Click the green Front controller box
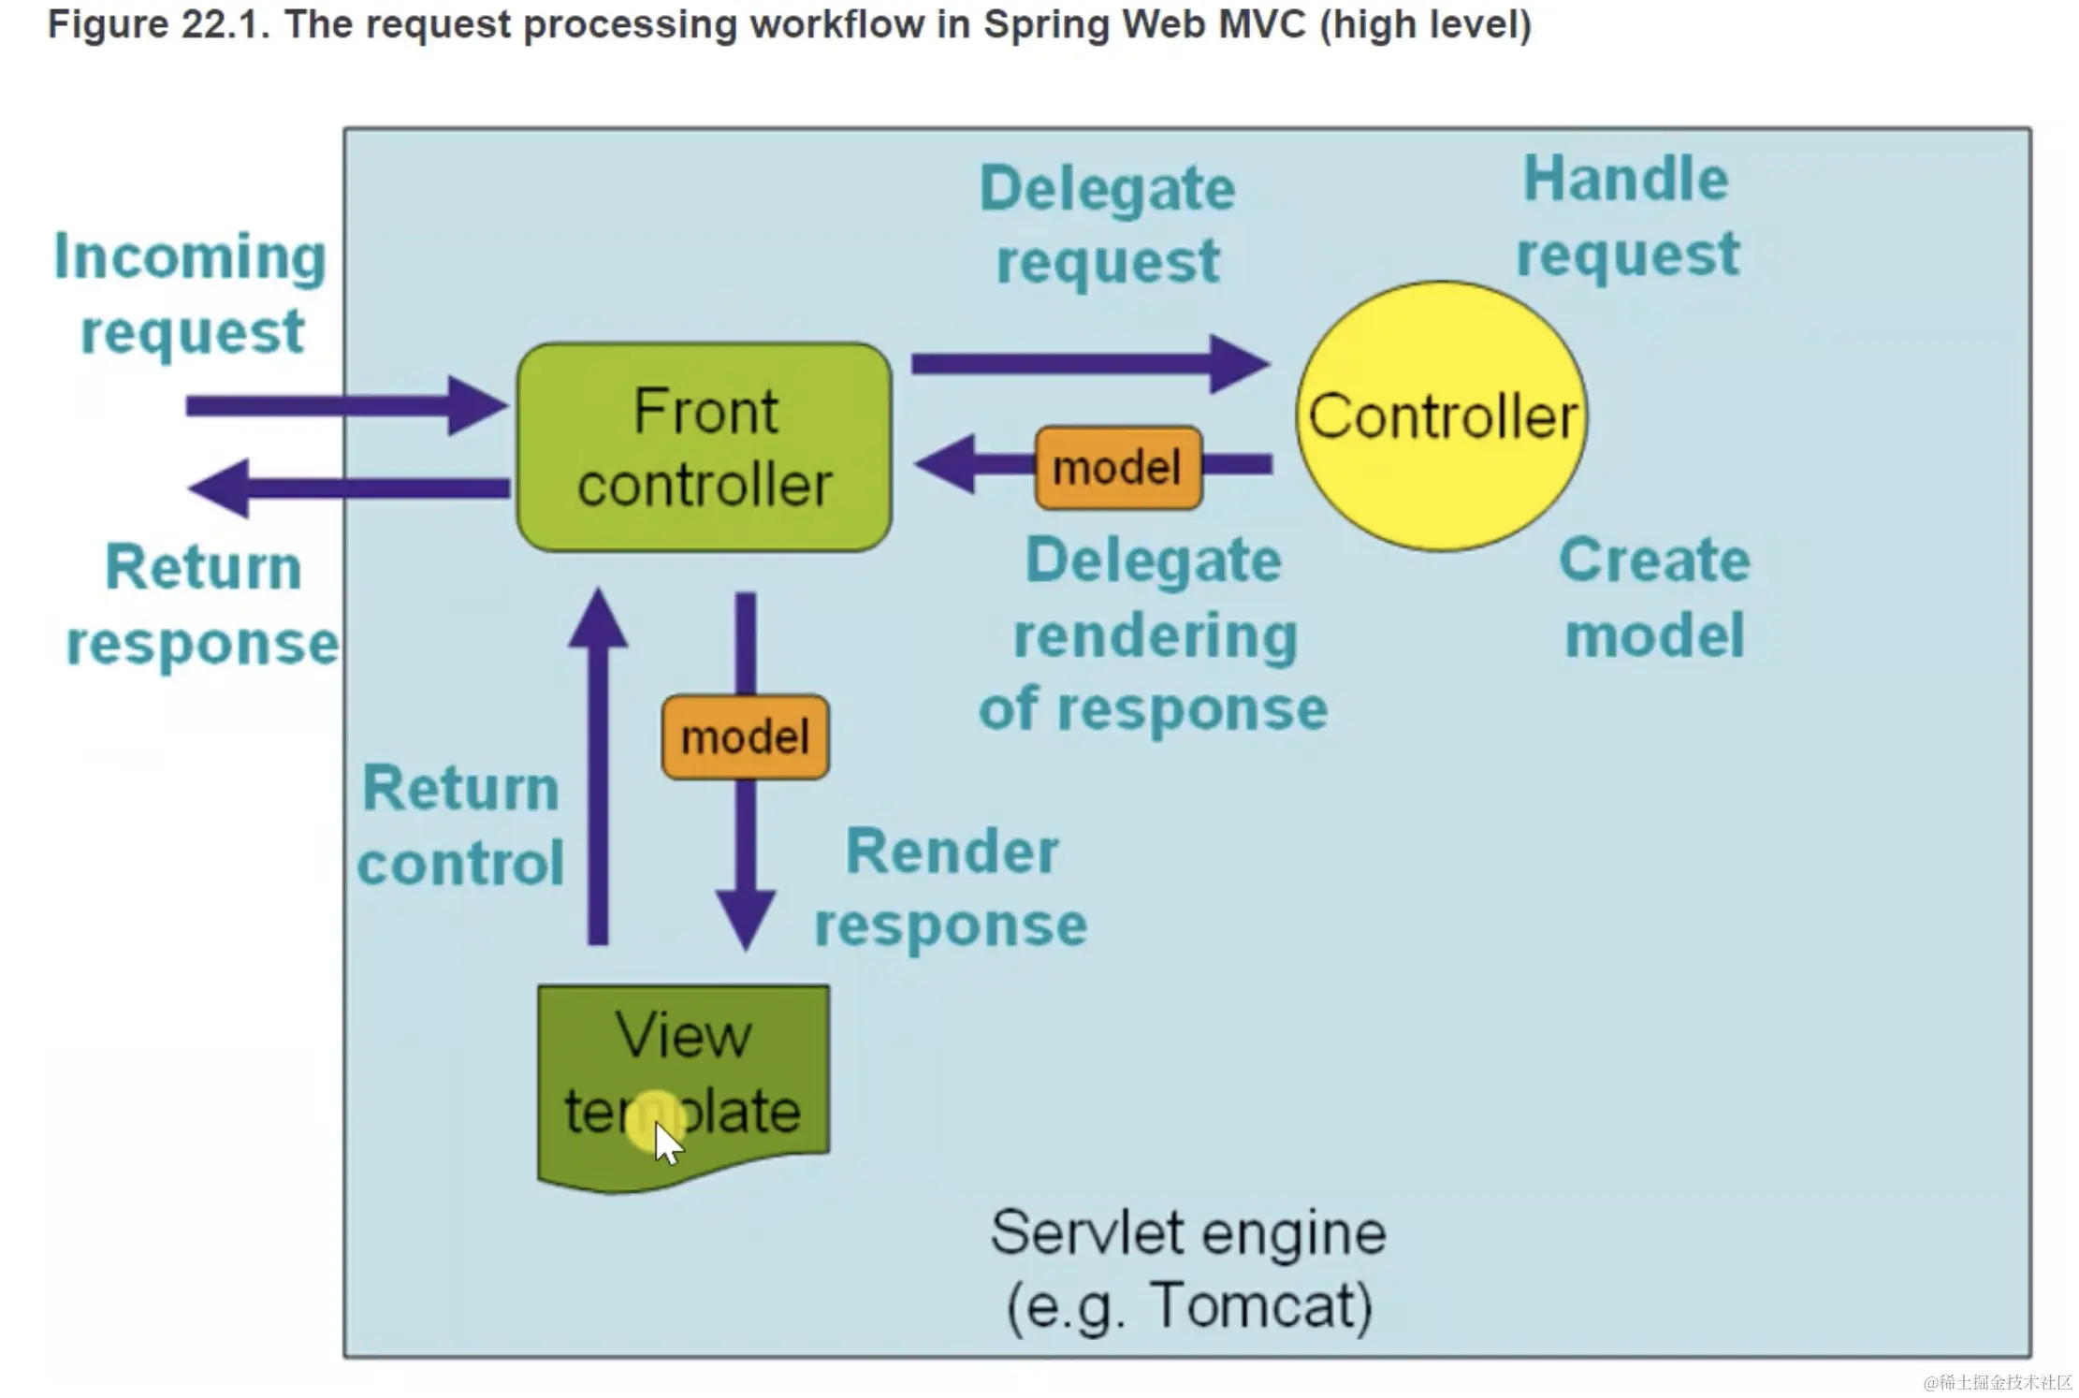(704, 447)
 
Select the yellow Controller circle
(1441, 416)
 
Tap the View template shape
(683, 1076)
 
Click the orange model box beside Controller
(1118, 467)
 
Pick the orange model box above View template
(745, 736)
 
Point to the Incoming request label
(190, 293)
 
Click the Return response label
(202, 604)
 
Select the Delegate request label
(1107, 224)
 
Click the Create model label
(1654, 597)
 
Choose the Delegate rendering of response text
(1153, 633)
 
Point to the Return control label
(460, 824)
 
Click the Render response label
(951, 887)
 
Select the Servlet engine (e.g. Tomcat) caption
(1188, 1269)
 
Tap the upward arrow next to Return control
(598, 767)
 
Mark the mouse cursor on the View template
(665, 1142)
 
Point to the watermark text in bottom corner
(1997, 1382)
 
